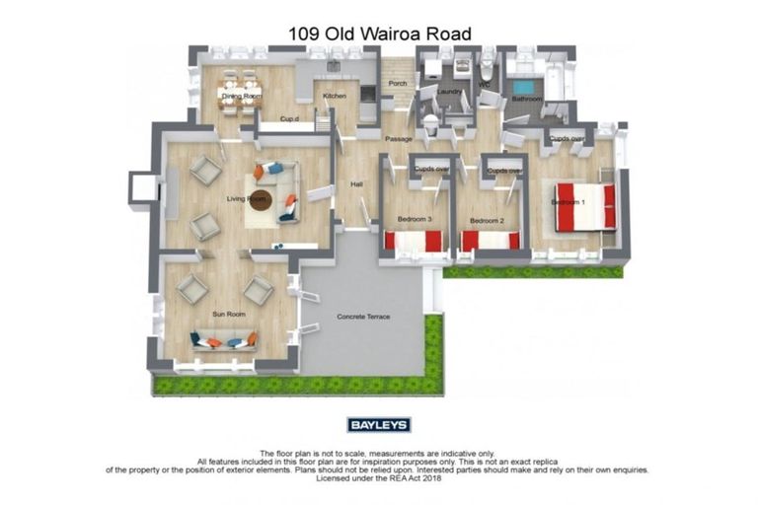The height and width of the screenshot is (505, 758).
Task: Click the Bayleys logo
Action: (x=379, y=425)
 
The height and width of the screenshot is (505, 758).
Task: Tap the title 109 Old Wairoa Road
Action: (x=379, y=34)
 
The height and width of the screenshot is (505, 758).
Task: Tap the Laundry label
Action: (x=449, y=93)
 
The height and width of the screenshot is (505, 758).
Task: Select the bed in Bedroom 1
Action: (x=585, y=206)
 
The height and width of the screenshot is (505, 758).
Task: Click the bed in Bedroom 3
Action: (x=416, y=241)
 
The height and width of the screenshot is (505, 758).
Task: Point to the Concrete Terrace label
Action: (x=363, y=317)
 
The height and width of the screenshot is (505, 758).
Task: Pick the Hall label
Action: (x=356, y=184)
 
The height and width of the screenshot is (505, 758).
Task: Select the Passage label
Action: (x=399, y=139)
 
